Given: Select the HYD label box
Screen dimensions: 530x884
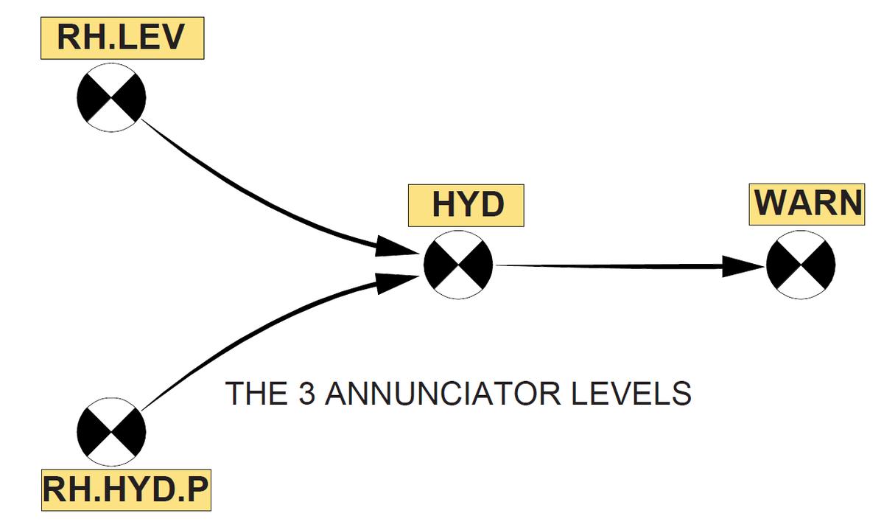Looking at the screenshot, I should coord(466,204).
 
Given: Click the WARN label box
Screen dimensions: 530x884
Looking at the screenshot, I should coord(807,204).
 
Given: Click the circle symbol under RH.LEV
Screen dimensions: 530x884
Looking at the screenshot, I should coord(110,97).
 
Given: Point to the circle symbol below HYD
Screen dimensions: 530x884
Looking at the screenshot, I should coord(458,265).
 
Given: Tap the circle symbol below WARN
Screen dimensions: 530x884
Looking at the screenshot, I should coord(800,265).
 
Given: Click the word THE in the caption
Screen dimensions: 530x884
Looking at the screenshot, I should coord(254,394).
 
